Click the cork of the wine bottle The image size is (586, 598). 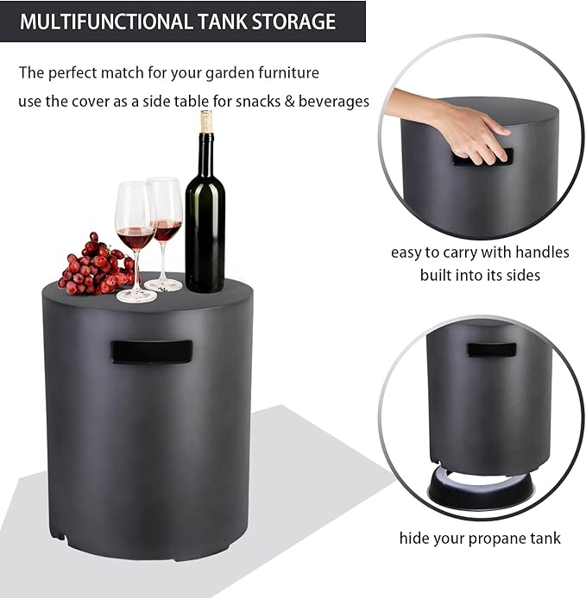[207, 121]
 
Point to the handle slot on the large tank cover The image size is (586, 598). [151, 351]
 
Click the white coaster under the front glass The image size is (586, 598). [136, 296]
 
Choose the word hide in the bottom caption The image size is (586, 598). [414, 539]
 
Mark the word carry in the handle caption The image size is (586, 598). [466, 252]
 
